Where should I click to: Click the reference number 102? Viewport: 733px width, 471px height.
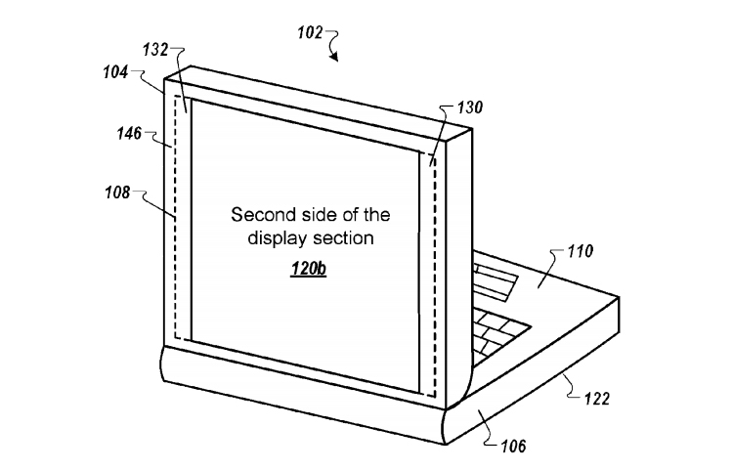311,32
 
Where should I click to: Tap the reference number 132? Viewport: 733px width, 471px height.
155,50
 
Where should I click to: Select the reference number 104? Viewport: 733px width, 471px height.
115,72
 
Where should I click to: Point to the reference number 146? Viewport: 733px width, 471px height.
129,134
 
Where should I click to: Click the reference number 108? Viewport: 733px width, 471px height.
117,193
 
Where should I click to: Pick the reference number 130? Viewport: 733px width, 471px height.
469,107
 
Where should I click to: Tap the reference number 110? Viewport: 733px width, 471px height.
581,251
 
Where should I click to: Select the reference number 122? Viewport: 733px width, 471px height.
597,399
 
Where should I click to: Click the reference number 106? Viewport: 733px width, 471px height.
513,447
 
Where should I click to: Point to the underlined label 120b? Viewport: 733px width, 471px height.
309,269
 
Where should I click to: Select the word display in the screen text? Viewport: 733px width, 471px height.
278,239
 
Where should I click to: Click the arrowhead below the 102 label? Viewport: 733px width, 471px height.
333,57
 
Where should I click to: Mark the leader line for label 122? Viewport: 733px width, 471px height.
573,387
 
